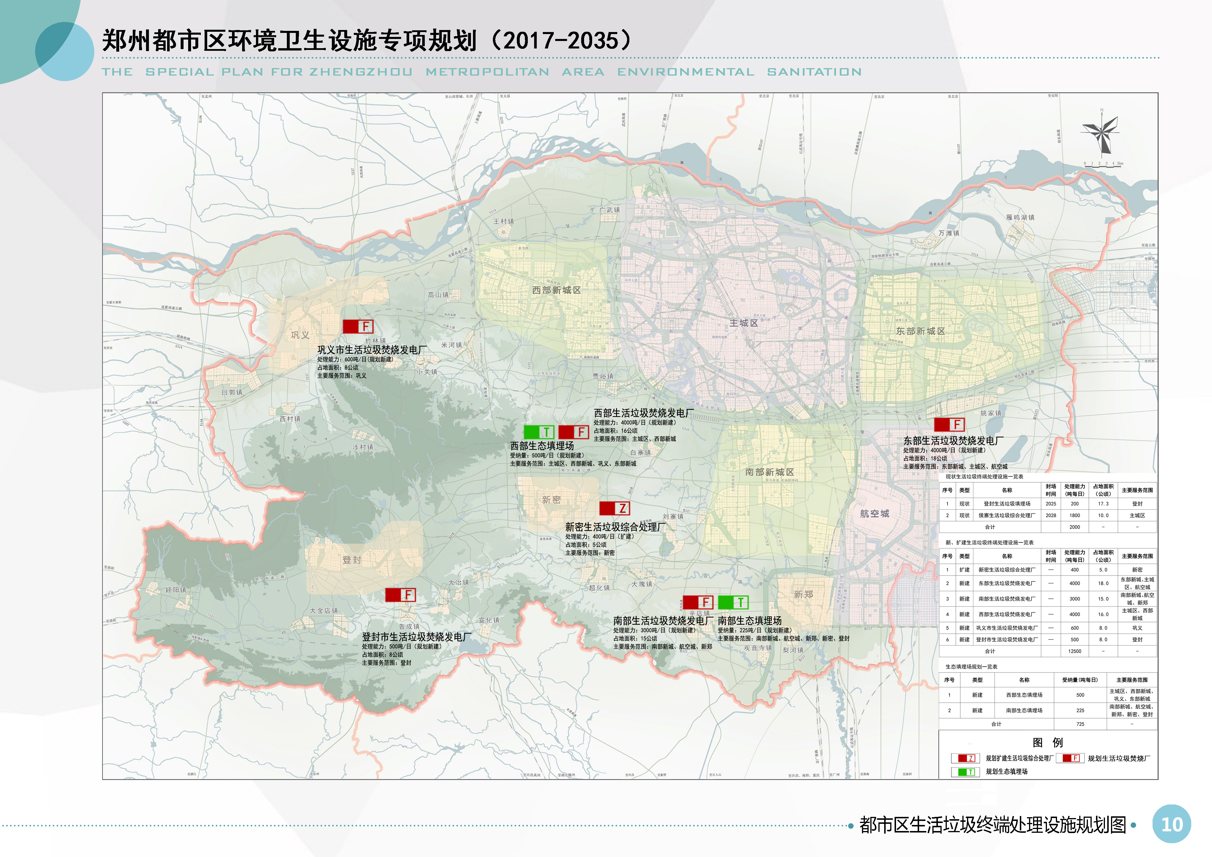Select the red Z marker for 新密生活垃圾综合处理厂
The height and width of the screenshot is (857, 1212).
pos(614,508)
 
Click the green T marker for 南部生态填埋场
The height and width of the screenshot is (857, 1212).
pos(733,602)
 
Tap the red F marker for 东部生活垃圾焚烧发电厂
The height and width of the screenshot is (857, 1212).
pos(949,424)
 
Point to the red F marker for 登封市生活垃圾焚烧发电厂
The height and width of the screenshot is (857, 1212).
pos(400,595)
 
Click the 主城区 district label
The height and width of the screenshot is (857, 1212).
pos(743,323)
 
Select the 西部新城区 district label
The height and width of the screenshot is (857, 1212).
pos(556,290)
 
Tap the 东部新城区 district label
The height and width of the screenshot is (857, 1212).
pos(920,331)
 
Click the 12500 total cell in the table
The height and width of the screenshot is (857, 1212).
pos(1074,651)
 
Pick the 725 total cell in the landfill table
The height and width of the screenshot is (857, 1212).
pos(1080,724)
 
